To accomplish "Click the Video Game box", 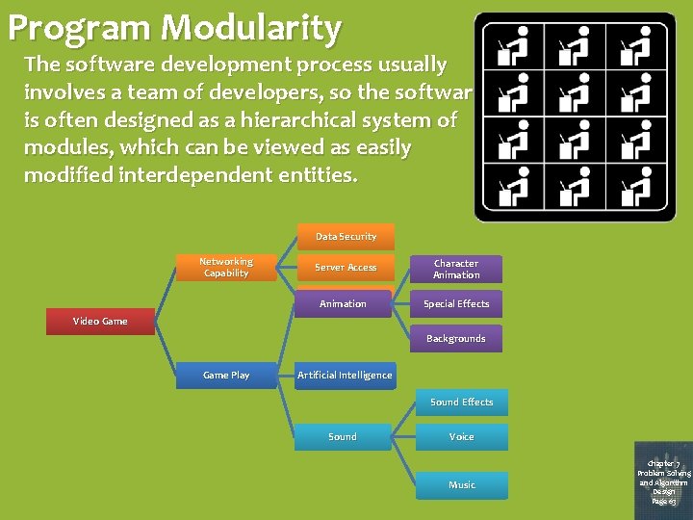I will (x=100, y=322).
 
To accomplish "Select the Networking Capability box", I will (x=226, y=268).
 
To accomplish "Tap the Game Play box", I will (x=226, y=376).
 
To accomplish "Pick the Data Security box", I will (x=346, y=237).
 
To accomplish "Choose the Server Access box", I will (x=346, y=268).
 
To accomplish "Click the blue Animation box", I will (x=344, y=304).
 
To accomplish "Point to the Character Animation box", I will (x=456, y=270).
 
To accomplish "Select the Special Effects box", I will (x=456, y=304).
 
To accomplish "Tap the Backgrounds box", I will (x=456, y=339).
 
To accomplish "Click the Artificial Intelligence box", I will (x=345, y=376).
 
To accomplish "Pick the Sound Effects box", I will (x=462, y=403).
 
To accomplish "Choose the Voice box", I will (x=462, y=437).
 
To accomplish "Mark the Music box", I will (x=462, y=485).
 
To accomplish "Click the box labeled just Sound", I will (x=343, y=437).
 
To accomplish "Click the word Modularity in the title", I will (x=251, y=28).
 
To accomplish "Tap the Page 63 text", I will (x=663, y=501).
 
